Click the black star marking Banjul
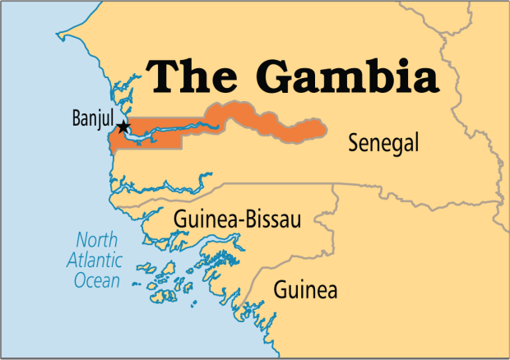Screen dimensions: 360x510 click(123, 127)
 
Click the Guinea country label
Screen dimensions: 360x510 click(305, 289)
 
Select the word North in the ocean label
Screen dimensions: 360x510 click(97, 241)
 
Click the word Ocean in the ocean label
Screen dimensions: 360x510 click(96, 281)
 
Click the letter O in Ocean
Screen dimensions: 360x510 click(79, 281)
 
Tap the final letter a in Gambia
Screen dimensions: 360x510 click(421, 79)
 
